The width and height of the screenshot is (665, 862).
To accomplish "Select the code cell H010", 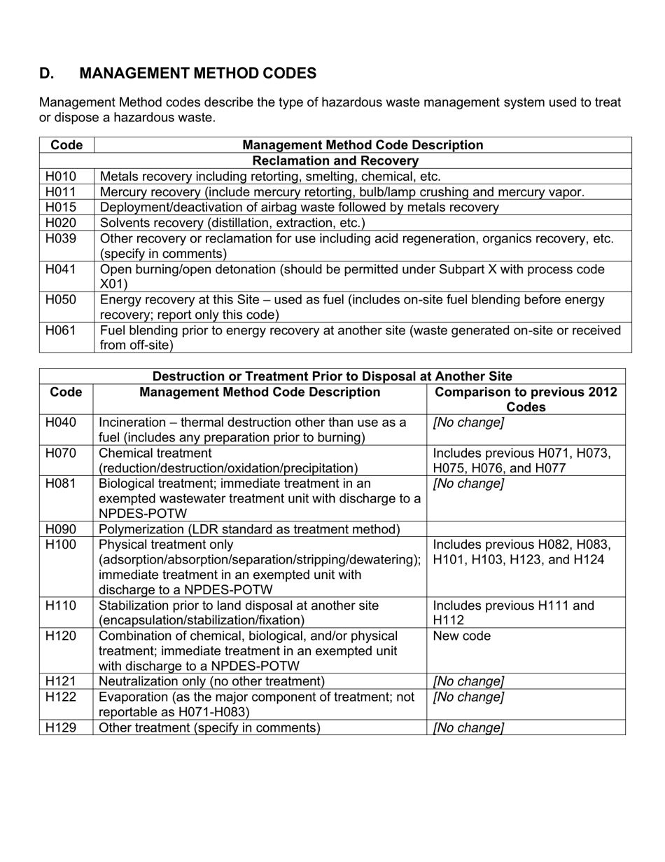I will tap(61, 177).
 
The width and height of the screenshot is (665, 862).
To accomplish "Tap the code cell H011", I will tap(61, 192).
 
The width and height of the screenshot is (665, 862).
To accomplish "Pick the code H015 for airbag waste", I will tap(61, 207).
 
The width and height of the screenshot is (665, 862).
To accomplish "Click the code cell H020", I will tap(61, 223).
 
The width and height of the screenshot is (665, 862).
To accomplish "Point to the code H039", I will tap(61, 238).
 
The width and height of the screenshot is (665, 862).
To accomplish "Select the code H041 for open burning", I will tap(61, 269).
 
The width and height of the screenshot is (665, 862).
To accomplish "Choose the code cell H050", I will tap(61, 300).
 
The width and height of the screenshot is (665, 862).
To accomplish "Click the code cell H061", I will tap(61, 330).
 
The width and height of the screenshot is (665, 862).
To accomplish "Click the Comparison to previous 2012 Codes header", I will tap(526, 399).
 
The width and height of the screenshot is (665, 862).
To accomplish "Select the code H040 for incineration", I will tap(64, 423).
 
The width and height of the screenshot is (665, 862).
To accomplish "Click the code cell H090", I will tap(64, 529).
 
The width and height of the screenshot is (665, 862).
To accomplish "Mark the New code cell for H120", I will tap(462, 636).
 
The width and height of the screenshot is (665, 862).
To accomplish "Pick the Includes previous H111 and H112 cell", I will tap(513, 613).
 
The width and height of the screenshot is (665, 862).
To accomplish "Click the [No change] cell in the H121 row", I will tap(468, 682).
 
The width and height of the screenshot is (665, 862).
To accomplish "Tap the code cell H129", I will tap(64, 728).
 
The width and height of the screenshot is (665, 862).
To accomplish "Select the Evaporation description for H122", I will tap(256, 704).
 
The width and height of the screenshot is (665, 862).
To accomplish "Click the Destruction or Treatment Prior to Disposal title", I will tap(332, 376).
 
